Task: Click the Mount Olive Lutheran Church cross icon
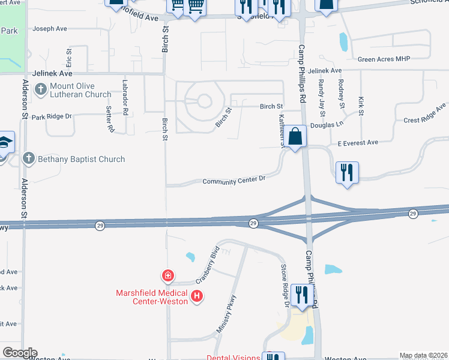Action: [x=41, y=90]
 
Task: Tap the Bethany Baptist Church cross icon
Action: [x=28, y=158]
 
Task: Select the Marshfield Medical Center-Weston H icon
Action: [x=196, y=295]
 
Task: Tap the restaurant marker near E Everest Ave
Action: [x=346, y=173]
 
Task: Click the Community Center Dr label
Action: [x=234, y=181]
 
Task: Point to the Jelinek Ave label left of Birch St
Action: [x=53, y=73]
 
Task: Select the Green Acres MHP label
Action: [x=383, y=59]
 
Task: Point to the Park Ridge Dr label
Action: [x=52, y=116]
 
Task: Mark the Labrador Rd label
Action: [x=125, y=98]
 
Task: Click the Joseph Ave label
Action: [x=50, y=28]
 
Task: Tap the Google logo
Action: [x=19, y=353]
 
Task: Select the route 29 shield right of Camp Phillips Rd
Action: [x=413, y=214]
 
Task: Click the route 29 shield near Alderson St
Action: [x=100, y=225]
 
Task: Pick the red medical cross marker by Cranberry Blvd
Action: [x=169, y=276]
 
